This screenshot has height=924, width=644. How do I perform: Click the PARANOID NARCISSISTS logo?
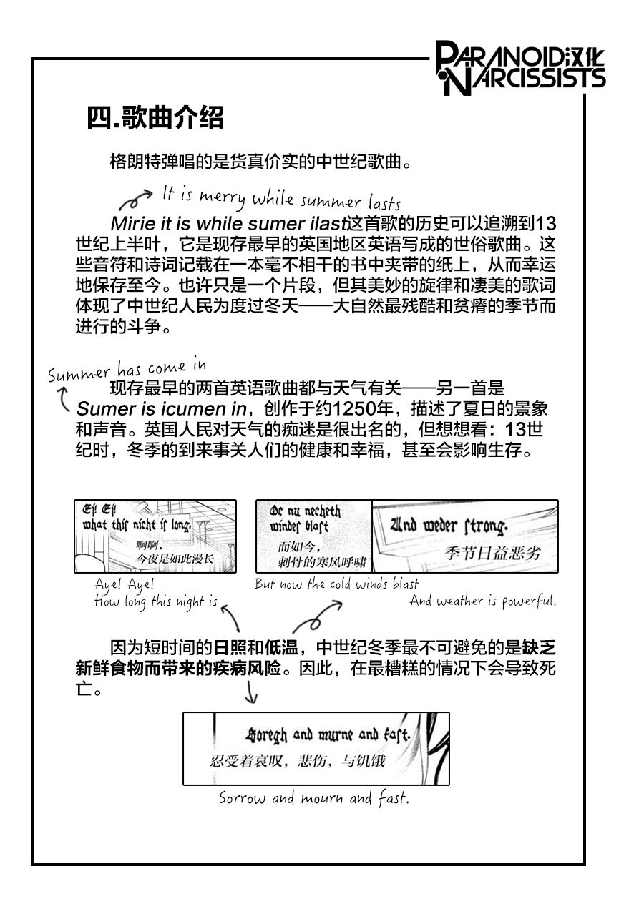tap(520, 68)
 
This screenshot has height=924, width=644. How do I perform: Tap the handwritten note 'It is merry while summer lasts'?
tap(281, 198)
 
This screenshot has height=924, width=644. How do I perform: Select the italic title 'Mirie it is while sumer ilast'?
tap(228, 224)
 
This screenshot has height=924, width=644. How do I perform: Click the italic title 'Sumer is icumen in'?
tap(162, 409)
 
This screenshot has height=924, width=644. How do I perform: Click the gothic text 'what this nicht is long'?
tap(137, 525)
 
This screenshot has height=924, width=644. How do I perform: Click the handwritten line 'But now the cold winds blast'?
tap(337, 584)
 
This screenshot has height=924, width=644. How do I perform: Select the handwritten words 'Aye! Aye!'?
tap(125, 584)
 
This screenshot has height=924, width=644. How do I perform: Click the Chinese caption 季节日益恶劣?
tap(492, 553)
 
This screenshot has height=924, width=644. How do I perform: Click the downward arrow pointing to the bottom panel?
tap(250, 692)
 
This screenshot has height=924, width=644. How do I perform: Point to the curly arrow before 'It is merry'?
tap(135, 200)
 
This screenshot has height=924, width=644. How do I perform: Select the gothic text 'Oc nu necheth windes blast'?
tap(305, 519)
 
